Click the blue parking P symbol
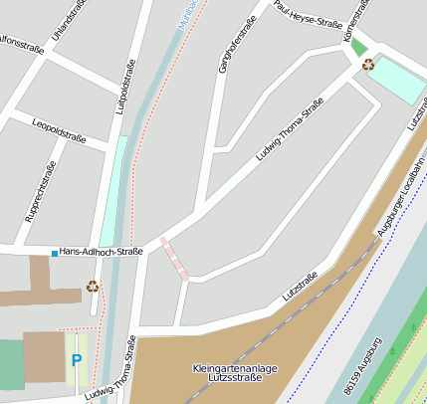point(76,360)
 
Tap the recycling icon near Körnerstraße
point(368,65)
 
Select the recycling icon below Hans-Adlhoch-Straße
point(93,287)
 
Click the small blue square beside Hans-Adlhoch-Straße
point(54,253)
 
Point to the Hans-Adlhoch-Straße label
point(102,252)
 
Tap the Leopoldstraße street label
point(59,132)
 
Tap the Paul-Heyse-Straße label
point(308,15)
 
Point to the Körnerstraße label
point(354,20)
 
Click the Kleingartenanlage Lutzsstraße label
point(235,374)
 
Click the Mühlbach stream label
point(185,12)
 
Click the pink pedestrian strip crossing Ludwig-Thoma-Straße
point(174,258)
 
